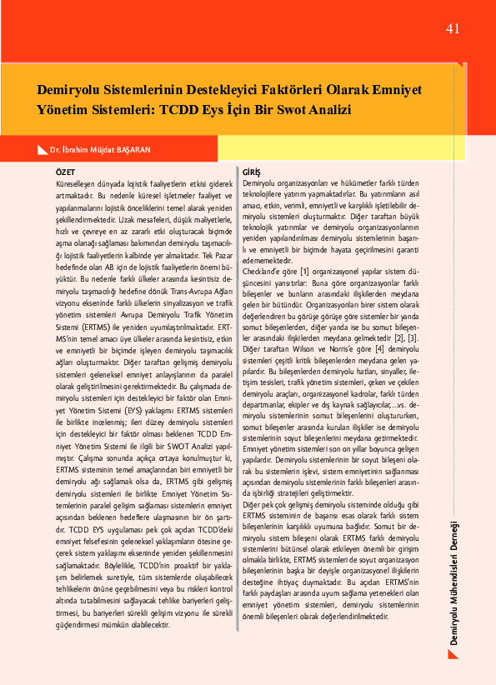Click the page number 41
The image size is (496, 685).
pos(453,29)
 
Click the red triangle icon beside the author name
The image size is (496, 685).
pos(43,149)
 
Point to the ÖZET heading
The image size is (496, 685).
pos(64,171)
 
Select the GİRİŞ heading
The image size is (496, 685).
pos(251,171)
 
